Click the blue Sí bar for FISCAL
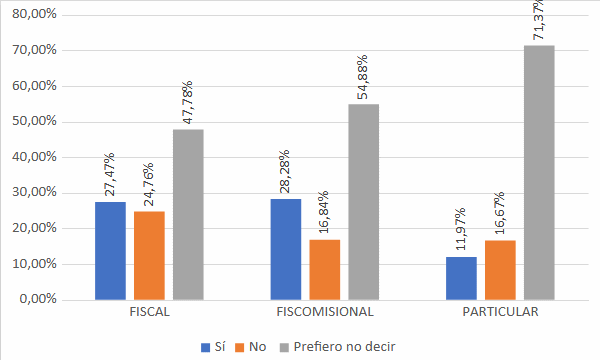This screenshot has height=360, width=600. tap(110, 250)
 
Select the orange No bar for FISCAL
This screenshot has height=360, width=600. tap(149, 255)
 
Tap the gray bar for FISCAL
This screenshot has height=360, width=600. tap(188, 214)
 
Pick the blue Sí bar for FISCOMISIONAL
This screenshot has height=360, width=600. tap(285, 249)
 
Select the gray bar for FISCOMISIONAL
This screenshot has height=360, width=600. tap(363, 201)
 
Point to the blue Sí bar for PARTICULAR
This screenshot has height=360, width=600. tap(461, 278)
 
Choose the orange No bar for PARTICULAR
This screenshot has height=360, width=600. tap(500, 269)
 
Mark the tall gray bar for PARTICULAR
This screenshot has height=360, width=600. tap(539, 172)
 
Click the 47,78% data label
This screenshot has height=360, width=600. tap(188, 102)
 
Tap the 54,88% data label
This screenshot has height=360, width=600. tap(363, 77)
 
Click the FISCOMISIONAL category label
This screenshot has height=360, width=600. tap(324, 312)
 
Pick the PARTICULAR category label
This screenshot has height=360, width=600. tap(500, 312)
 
